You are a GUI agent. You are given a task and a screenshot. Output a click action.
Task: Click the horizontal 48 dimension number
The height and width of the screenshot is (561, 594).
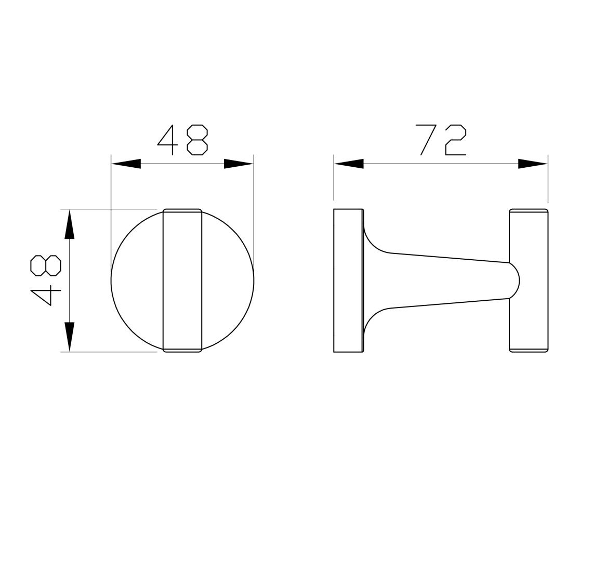[x=182, y=140]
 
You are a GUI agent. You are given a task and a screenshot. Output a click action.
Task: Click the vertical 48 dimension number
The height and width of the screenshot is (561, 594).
[x=46, y=280]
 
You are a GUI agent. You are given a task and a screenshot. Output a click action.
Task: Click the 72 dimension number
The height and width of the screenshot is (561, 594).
[x=442, y=140]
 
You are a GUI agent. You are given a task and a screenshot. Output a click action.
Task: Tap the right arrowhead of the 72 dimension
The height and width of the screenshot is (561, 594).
[x=533, y=164]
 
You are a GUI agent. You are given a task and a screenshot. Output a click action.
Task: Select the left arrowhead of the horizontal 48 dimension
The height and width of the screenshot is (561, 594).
[x=126, y=164]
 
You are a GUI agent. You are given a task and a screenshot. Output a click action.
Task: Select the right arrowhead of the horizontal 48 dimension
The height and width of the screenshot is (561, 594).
[x=239, y=164]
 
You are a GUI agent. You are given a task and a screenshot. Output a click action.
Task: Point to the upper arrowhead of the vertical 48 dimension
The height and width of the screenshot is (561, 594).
[x=69, y=224]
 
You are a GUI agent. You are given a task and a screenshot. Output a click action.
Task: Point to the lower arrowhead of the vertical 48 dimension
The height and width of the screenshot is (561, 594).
[x=69, y=337]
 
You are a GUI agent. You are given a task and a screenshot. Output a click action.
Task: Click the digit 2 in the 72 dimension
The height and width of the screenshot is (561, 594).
[x=456, y=140]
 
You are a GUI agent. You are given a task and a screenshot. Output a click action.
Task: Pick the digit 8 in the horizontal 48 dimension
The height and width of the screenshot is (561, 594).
[x=197, y=140]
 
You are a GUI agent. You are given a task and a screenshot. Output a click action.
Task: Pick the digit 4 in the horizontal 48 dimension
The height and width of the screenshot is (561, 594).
[x=168, y=140]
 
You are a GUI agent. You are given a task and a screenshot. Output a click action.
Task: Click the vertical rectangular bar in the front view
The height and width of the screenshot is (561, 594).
[x=182, y=280]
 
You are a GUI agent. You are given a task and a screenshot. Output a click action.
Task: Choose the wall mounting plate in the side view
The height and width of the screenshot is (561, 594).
[x=348, y=280]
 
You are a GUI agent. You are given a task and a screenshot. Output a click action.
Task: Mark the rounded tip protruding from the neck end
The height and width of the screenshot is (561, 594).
[x=514, y=281]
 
